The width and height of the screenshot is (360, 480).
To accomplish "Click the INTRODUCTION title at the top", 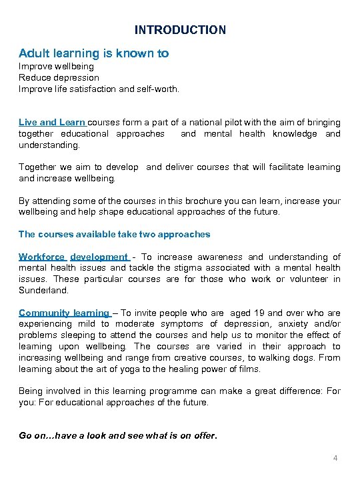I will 180,30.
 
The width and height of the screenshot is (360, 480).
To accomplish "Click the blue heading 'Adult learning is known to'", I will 93,53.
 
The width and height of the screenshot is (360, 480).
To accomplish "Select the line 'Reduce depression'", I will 59,77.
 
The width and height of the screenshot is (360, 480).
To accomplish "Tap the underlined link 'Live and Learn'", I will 52,123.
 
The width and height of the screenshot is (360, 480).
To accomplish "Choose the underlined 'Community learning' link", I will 64,313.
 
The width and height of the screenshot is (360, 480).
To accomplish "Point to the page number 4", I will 335,457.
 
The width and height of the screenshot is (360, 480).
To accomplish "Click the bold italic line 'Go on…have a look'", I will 118,435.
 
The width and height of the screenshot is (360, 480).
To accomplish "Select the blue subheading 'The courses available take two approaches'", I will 115,234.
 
